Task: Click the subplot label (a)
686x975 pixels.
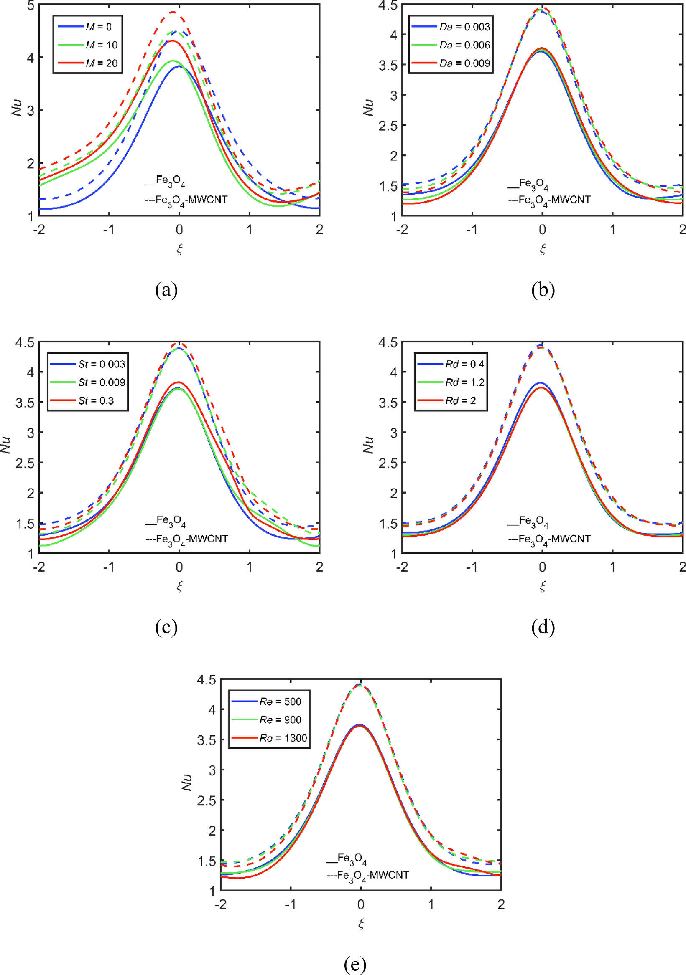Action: pyautogui.click(x=166, y=290)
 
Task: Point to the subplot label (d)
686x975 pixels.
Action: pyautogui.click(x=543, y=627)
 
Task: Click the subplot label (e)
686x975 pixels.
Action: pyautogui.click(x=354, y=964)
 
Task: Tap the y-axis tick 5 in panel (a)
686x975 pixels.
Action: pyautogui.click(x=30, y=6)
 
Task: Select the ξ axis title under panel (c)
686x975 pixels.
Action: pyautogui.click(x=179, y=586)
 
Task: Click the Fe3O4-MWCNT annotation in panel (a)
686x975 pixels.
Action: pyautogui.click(x=186, y=200)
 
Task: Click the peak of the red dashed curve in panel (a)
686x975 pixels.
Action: pyautogui.click(x=173, y=12)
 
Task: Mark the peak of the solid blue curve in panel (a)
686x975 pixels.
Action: pyautogui.click(x=179, y=66)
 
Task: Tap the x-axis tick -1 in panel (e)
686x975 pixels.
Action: pyautogui.click(x=290, y=904)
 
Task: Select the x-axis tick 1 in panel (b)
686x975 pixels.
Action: pyautogui.click(x=612, y=230)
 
